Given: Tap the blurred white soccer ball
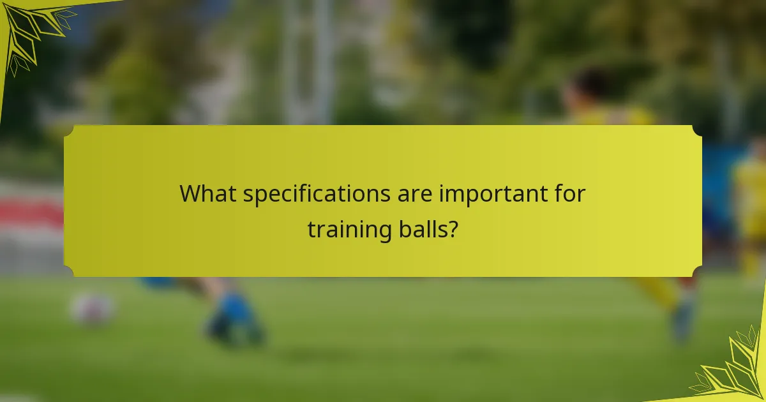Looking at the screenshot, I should (x=93, y=309).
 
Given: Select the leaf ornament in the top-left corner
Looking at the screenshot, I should (x=32, y=32).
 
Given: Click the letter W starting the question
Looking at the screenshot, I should (x=190, y=193).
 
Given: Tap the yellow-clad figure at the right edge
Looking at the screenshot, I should (x=752, y=204).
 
